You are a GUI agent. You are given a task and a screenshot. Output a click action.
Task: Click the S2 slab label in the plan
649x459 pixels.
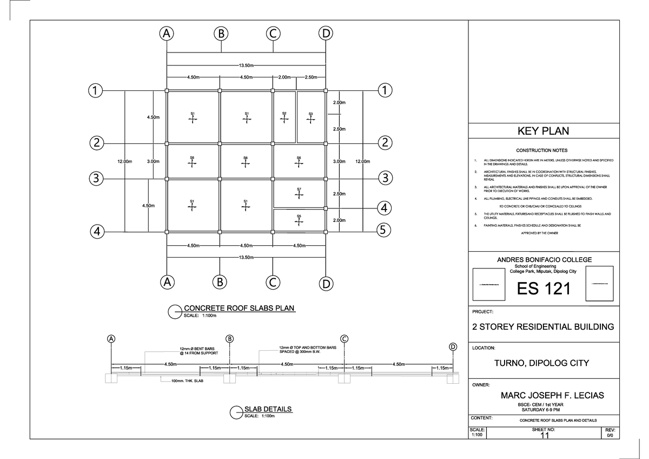click(x=284, y=114)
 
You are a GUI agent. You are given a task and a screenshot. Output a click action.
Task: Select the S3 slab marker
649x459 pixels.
click(x=310, y=114)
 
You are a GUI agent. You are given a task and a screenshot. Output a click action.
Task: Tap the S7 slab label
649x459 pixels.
click(x=299, y=189)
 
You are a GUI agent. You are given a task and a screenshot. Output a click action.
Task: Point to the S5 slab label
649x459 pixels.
click(x=299, y=216)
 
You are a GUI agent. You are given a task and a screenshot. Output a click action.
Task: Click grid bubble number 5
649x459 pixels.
click(x=383, y=231)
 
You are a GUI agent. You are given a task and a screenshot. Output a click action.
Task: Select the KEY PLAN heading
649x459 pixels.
click(x=543, y=131)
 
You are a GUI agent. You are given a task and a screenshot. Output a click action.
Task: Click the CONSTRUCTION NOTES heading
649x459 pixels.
click(x=542, y=150)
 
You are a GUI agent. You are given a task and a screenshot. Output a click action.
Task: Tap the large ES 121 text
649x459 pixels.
click(x=543, y=288)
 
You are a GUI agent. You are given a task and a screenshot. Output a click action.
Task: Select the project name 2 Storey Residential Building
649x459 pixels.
click(x=543, y=327)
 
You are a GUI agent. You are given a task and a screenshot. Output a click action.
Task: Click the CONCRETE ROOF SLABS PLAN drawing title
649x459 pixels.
click(x=239, y=309)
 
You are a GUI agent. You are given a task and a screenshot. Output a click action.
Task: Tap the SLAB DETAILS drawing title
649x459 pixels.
click(x=268, y=409)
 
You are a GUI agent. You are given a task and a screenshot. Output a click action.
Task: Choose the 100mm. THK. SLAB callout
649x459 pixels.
click(x=187, y=382)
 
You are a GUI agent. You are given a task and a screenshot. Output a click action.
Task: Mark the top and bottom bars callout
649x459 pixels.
click(x=307, y=350)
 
